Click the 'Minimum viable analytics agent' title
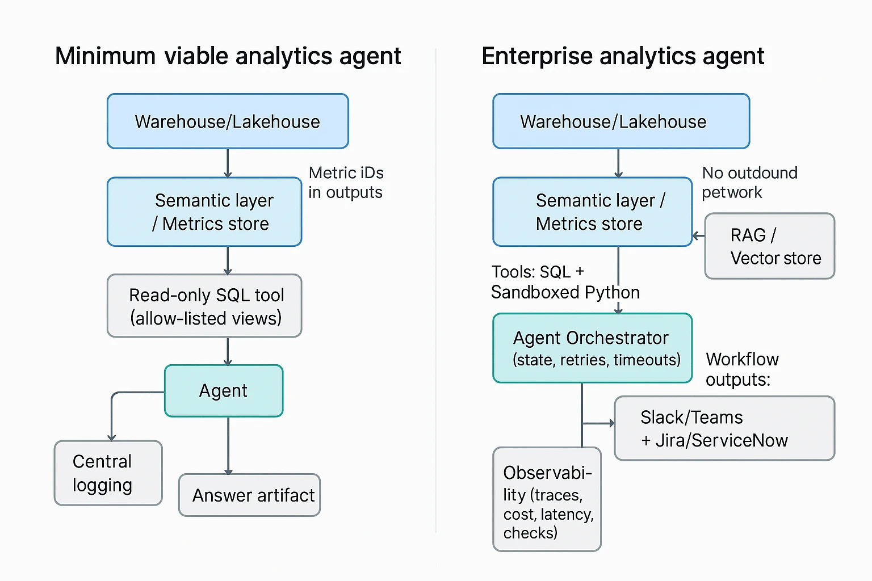228,56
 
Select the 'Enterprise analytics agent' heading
622,56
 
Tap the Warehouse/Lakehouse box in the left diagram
228,121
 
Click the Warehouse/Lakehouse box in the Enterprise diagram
621,121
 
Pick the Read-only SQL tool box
204,306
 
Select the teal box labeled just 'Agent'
224,391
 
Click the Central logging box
108,473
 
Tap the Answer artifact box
250,495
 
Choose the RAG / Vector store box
770,246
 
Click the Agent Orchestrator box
592,348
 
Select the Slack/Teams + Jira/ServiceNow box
724,428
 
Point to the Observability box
547,499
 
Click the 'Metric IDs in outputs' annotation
346,183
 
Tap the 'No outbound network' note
749,183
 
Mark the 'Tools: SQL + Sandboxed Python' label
565,282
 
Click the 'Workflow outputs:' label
742,369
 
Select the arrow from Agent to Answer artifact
228,446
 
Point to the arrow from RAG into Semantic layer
698,235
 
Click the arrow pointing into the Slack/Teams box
599,423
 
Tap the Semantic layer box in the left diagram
204,212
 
